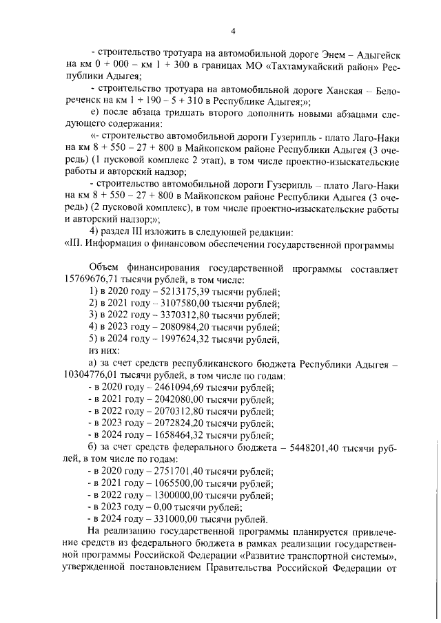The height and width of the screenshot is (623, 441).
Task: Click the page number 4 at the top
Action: (234, 31)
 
